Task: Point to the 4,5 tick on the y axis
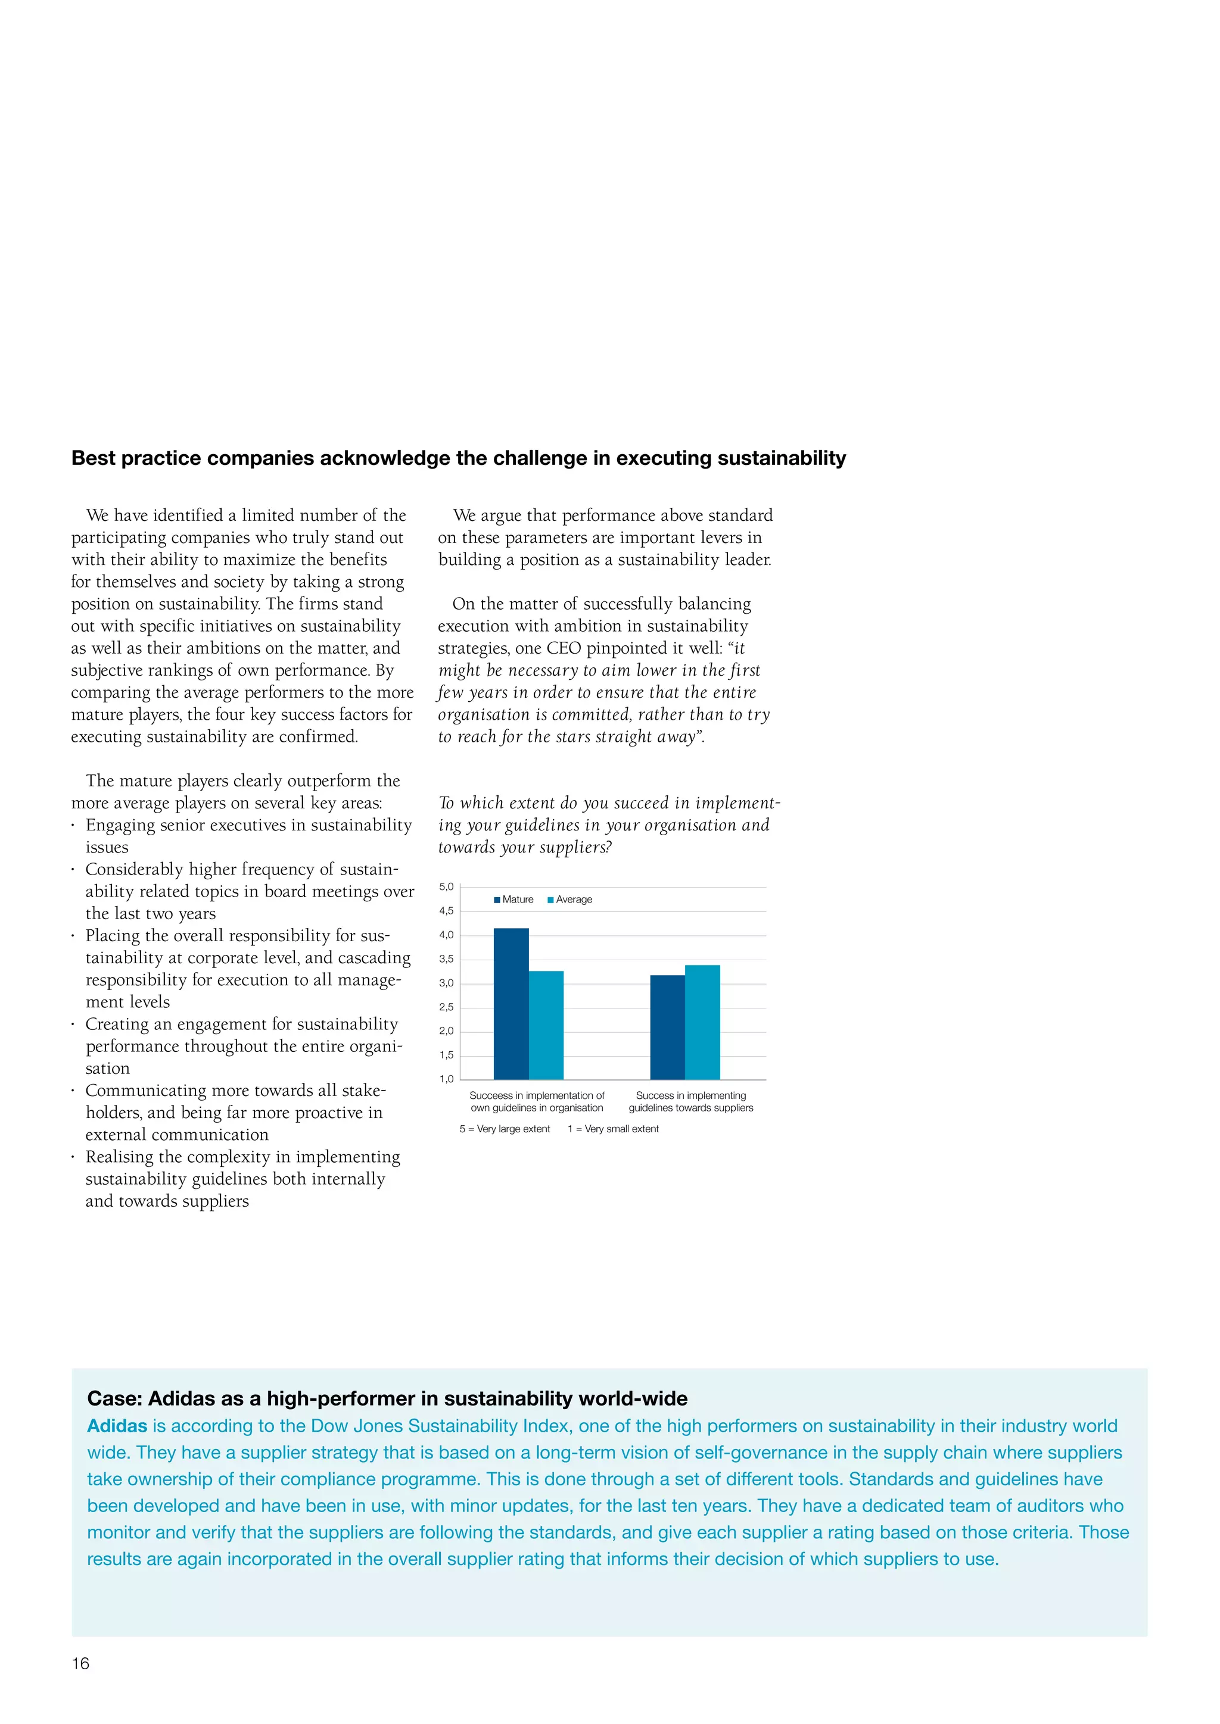[x=446, y=911]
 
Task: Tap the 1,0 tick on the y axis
[x=446, y=1079]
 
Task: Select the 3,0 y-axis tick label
[x=446, y=983]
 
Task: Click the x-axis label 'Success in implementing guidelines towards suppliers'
[x=690, y=1101]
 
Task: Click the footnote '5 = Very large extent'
[x=504, y=1129]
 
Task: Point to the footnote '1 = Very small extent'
[x=613, y=1129]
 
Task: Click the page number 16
[x=80, y=1663]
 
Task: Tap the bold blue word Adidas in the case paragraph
[x=117, y=1426]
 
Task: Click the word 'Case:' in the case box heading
[x=114, y=1398]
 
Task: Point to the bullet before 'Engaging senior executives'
[x=73, y=826]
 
